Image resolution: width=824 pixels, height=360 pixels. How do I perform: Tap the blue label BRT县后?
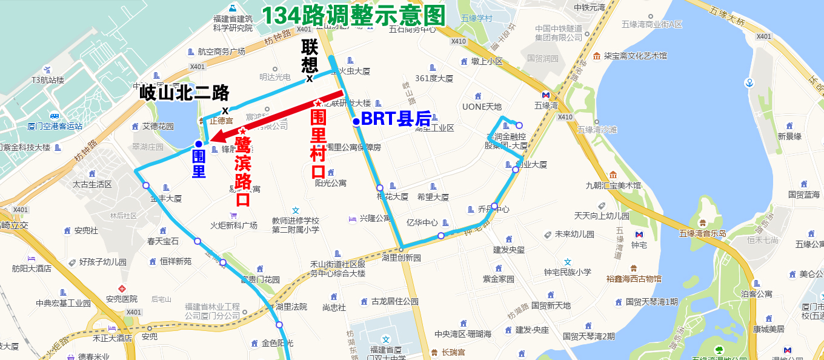point(396,119)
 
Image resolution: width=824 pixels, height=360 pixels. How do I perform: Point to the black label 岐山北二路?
point(185,93)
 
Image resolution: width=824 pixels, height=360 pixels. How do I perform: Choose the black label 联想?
point(310,56)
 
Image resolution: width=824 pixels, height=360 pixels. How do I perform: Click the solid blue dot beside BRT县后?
point(356,122)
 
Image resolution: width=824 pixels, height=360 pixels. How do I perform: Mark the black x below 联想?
point(310,78)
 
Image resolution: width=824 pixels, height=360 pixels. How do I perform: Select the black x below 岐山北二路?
point(225,110)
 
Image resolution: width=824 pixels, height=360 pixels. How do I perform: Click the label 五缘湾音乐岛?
point(702,233)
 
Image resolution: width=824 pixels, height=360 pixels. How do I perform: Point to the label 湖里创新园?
point(401,258)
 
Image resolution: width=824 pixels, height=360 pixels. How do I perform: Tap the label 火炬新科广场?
point(234,225)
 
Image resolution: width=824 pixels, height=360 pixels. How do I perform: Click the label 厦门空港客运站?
point(55,126)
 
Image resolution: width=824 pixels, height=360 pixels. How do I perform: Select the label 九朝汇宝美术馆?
point(613,185)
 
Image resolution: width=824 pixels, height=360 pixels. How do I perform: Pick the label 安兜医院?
point(122,299)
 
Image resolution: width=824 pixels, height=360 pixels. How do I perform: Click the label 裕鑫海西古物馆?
point(634,279)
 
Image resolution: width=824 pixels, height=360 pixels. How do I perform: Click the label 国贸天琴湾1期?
point(652,301)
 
